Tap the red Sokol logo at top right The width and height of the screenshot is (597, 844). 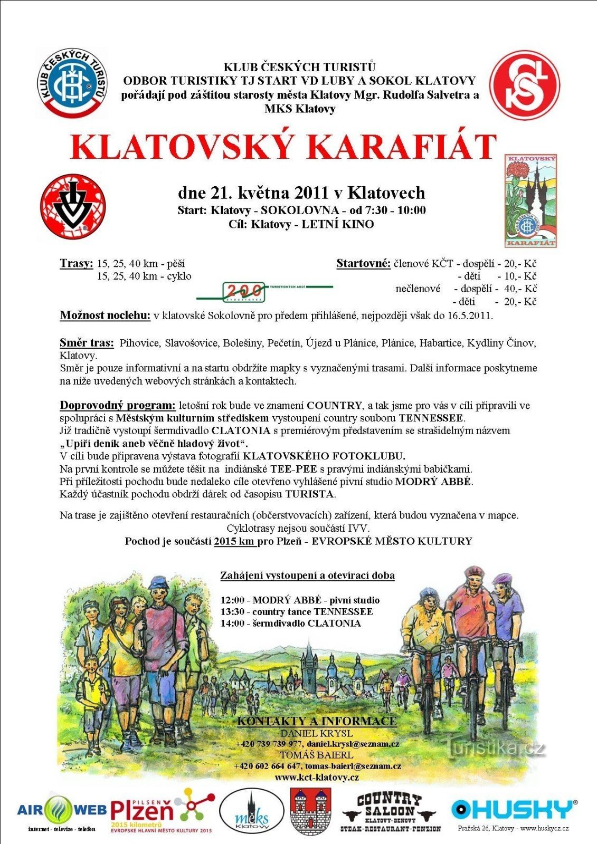(524, 85)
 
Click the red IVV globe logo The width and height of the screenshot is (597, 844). (73, 206)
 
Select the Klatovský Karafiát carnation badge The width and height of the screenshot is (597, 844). (530, 200)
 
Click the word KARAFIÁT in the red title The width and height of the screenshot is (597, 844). (402, 147)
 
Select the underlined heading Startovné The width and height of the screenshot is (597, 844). (363, 263)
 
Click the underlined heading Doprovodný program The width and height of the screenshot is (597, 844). (117, 405)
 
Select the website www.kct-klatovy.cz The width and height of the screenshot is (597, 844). (317, 777)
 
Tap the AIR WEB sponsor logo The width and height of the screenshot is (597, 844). (62, 810)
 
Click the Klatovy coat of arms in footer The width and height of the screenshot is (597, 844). (310, 811)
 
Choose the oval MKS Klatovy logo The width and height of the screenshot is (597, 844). (251, 812)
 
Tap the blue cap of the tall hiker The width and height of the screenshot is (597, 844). (158, 582)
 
